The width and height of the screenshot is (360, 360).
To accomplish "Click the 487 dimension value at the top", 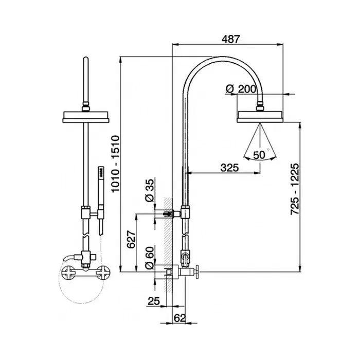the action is click(x=230, y=39).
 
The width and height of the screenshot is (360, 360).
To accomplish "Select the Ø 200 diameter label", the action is click(x=241, y=89).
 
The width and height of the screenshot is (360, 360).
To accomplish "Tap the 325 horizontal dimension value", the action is click(x=229, y=168).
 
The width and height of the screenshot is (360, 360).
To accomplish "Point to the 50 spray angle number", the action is click(x=259, y=155).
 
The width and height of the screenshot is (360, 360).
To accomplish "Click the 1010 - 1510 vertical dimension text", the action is click(x=115, y=164).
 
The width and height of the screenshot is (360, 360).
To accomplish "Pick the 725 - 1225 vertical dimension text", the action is click(x=295, y=189).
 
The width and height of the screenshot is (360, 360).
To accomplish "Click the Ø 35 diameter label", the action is click(x=150, y=190).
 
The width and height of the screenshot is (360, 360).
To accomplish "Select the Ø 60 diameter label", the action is click(x=150, y=258).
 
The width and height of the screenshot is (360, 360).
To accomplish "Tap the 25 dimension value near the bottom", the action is click(x=154, y=301).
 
